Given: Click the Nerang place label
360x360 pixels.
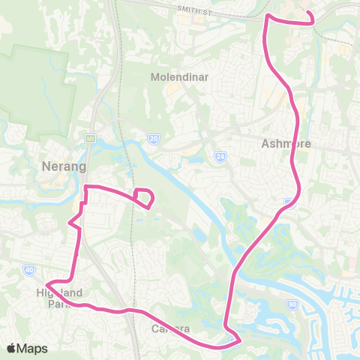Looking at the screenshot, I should click(64, 166).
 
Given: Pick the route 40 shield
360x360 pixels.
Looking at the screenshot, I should click(28, 269).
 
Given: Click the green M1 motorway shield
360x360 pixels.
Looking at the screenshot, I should click(90, 138).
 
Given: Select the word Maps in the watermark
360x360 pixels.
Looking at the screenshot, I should click(32, 348).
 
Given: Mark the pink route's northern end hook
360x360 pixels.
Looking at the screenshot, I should click(310, 18).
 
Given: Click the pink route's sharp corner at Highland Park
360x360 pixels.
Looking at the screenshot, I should click(49, 285).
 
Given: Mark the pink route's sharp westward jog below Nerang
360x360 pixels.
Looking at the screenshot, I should click(70, 223).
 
